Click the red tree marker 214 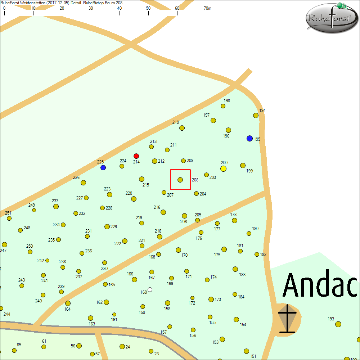click(x=136, y=156)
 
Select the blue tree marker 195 click(x=249, y=139)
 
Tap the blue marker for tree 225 click(x=103, y=168)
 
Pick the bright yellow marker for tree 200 click(x=223, y=168)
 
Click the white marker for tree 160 click(x=150, y=289)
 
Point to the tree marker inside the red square click(x=180, y=180)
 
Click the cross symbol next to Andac click(x=287, y=319)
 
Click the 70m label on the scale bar click(x=207, y=8)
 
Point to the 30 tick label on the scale click(x=91, y=8)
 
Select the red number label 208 click(x=195, y=180)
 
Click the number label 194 click(x=262, y=111)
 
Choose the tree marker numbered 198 click(x=223, y=106)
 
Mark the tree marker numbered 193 click(x=338, y=324)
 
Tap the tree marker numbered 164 click(x=68, y=303)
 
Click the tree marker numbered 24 click(x=122, y=346)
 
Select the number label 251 click(x=8, y=213)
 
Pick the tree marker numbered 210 click(x=182, y=128)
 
